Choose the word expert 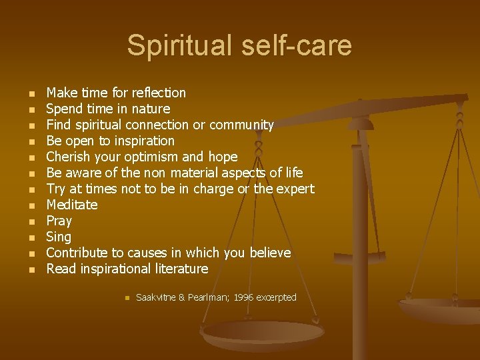(x=294, y=189)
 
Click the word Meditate (x=72, y=205)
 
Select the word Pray (x=59, y=221)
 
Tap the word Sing (x=59, y=237)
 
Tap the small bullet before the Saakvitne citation (x=125, y=298)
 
